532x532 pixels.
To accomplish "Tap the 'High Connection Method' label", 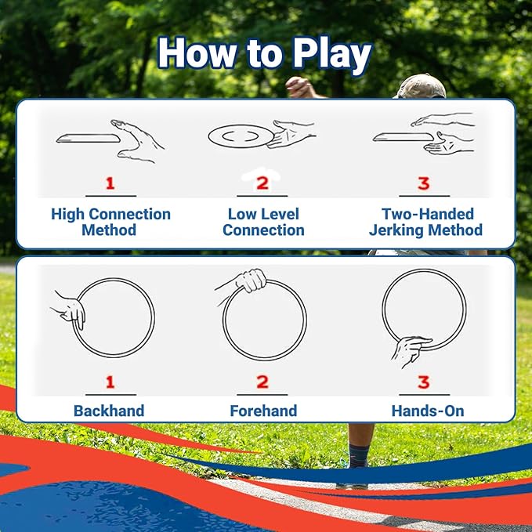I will click(110, 222).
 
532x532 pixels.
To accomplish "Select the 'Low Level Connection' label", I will click(263, 222).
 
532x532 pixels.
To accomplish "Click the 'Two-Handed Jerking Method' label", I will click(427, 222).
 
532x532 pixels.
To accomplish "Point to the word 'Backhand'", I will click(109, 411).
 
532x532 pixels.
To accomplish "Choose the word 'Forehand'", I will click(263, 411).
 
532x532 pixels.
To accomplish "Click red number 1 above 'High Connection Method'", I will click(110, 183).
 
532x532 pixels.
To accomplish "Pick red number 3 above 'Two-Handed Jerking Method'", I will click(423, 183).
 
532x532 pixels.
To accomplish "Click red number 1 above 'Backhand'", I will click(110, 382).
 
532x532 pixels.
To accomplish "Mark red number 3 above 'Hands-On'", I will click(423, 382).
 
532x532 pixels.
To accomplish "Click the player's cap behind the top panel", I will click(422, 85).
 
